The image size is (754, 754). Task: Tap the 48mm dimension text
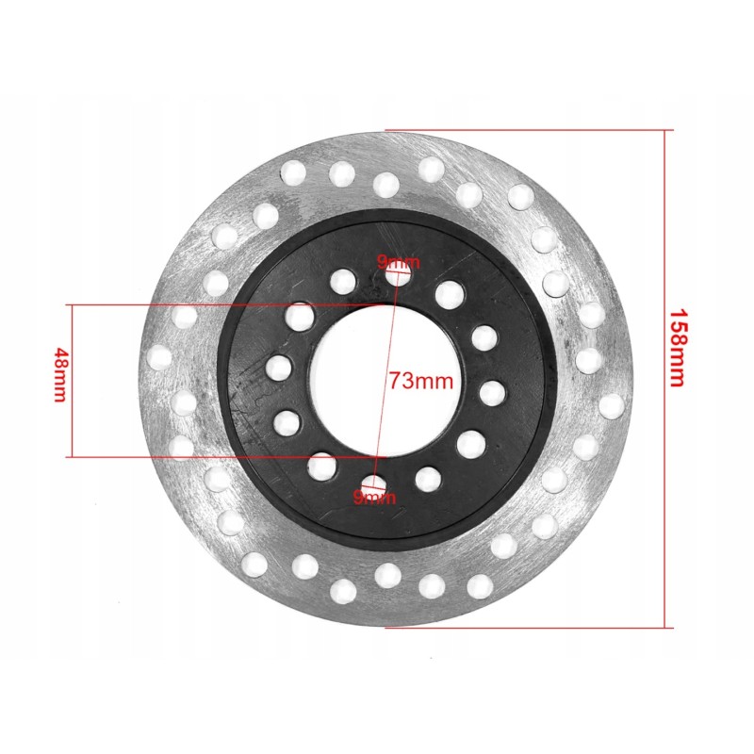[58, 375]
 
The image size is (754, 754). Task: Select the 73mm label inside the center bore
[421, 381]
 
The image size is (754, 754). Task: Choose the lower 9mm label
[374, 497]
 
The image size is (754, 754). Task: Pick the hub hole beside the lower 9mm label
[375, 486]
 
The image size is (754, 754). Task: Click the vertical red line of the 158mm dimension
[667, 377]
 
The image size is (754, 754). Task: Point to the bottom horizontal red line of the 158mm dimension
[528, 626]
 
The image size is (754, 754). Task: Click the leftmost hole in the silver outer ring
[159, 356]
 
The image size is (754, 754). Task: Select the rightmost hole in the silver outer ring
[611, 405]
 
